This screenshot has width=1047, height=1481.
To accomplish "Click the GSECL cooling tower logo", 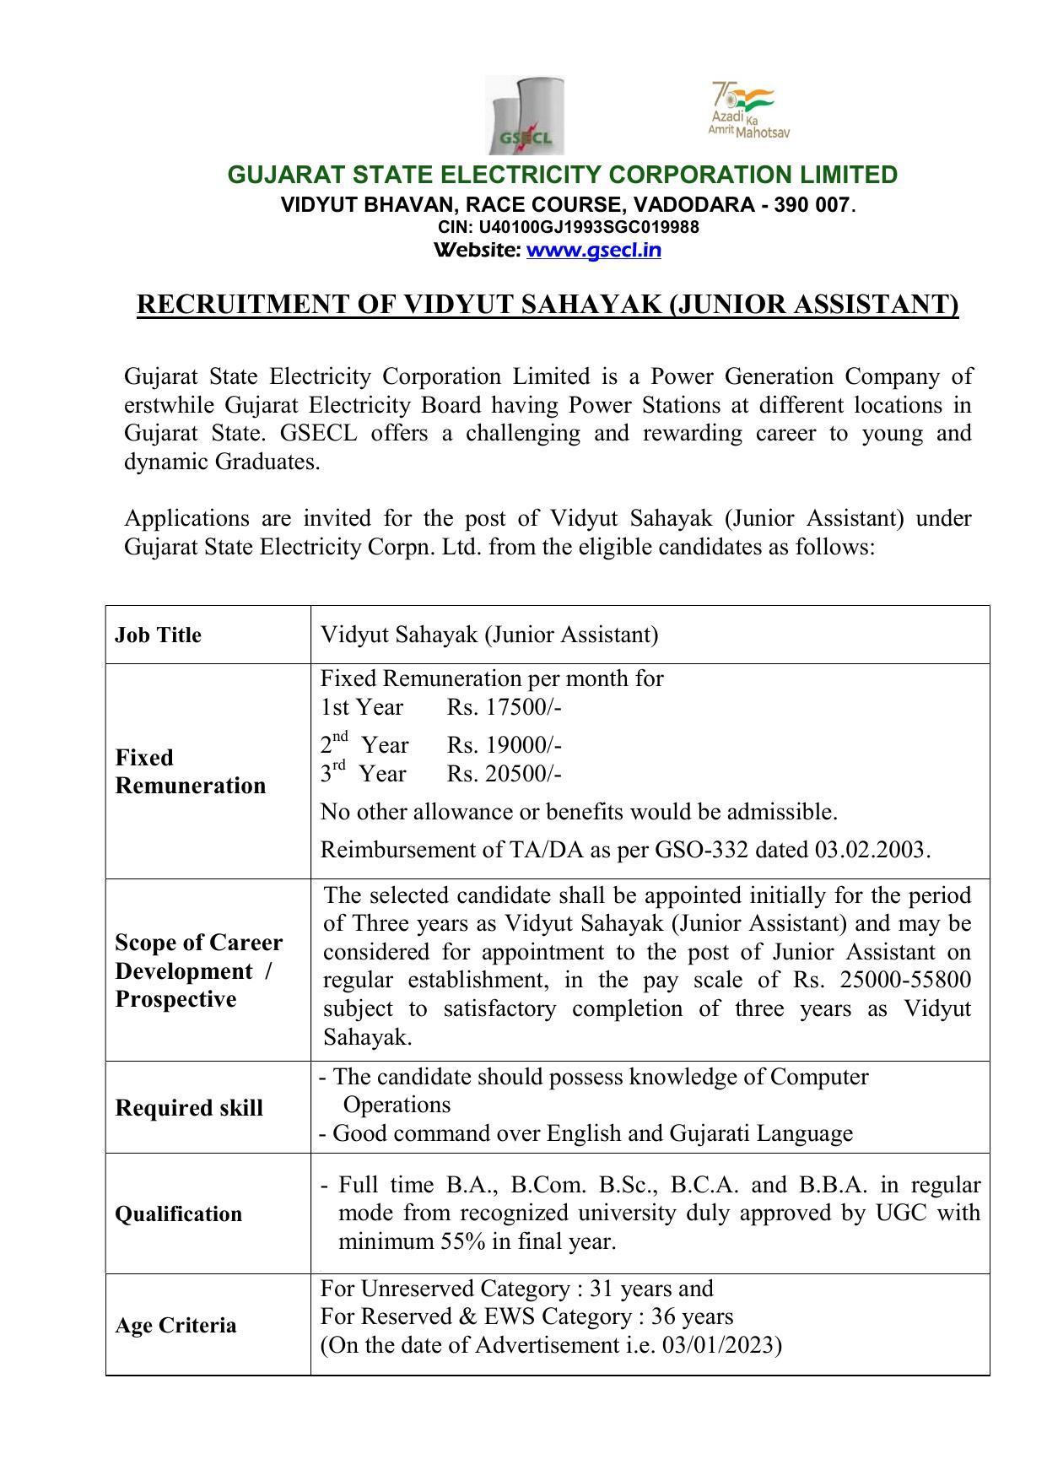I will tap(524, 115).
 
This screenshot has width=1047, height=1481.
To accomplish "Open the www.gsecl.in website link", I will tap(593, 250).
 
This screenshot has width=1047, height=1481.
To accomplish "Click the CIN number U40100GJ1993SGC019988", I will tap(588, 227).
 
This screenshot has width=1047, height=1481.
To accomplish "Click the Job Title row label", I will tap(158, 635).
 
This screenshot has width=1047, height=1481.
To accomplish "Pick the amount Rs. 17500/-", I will tap(504, 707).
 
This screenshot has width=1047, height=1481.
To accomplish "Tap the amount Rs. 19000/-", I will tap(504, 745).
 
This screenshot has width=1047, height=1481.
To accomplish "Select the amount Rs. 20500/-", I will tap(504, 774).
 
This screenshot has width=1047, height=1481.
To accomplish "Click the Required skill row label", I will tap(189, 1108).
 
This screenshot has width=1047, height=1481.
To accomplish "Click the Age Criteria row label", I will tap(175, 1326).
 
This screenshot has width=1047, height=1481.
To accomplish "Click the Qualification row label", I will tap(178, 1214).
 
